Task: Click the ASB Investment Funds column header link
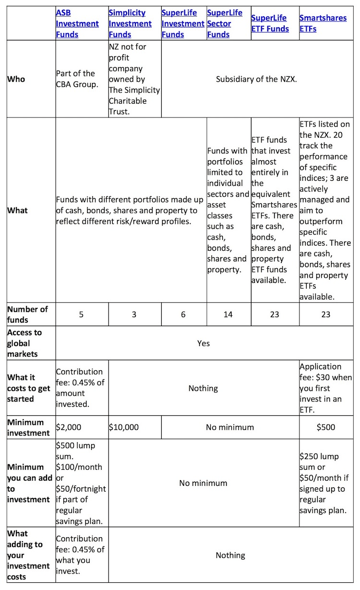tap(77, 24)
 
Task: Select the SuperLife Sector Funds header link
tap(225, 24)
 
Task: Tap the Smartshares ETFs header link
tap(323, 24)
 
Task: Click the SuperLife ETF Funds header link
tap(270, 24)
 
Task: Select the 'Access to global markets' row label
tap(24, 343)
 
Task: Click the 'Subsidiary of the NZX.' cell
tap(256, 79)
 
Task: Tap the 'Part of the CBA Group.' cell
tap(76, 79)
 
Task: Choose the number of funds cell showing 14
tap(228, 315)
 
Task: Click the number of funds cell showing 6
tap(184, 315)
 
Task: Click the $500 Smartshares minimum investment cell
tap(326, 427)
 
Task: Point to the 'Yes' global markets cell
tap(203, 343)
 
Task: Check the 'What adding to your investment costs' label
tap(28, 555)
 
